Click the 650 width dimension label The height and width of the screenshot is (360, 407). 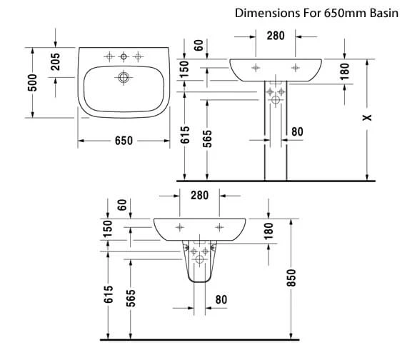point(124,141)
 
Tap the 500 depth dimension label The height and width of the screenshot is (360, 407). point(32,83)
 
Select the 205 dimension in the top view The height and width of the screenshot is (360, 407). point(55,62)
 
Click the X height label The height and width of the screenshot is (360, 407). point(367,118)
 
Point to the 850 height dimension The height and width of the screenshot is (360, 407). point(291,278)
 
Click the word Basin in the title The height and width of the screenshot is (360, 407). point(384,13)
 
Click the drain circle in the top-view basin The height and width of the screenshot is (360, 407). point(124,77)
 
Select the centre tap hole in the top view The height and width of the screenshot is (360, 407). point(124,56)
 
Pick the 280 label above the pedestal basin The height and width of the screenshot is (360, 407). point(276,36)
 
